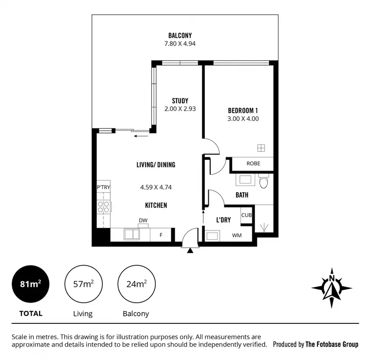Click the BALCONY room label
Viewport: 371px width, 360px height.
pyautogui.click(x=180, y=35)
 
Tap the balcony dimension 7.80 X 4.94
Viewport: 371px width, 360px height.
pyautogui.click(x=180, y=44)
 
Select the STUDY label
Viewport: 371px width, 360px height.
pyautogui.click(x=180, y=101)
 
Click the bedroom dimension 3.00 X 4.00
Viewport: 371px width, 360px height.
pyautogui.click(x=243, y=119)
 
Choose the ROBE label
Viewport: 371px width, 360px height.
pyautogui.click(x=253, y=164)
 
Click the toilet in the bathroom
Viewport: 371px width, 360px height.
pyautogui.click(x=264, y=182)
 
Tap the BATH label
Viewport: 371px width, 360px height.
pyautogui.click(x=242, y=195)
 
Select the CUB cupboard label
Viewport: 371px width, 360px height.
pyautogui.click(x=246, y=215)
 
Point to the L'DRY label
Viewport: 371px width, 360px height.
pyautogui.click(x=224, y=220)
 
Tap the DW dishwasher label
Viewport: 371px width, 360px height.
pyautogui.click(x=143, y=221)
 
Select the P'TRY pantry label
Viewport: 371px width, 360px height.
pyautogui.click(x=103, y=187)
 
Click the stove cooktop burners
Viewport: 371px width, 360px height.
pyautogui.click(x=104, y=206)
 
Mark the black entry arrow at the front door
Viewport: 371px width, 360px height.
pyautogui.click(x=190, y=251)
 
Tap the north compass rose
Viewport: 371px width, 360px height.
pyautogui.click(x=332, y=287)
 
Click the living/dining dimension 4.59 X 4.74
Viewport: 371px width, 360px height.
pyautogui.click(x=156, y=187)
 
